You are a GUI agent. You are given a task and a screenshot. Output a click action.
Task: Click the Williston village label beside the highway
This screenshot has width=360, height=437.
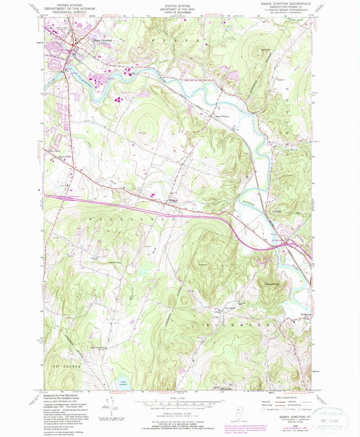(173, 199)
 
